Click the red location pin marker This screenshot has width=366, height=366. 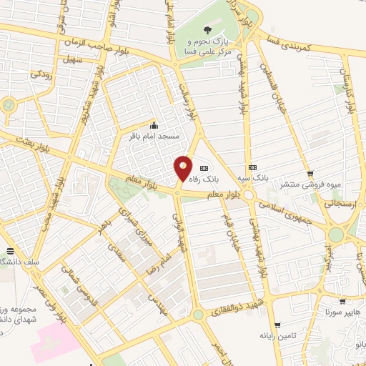pyautogui.click(x=183, y=169)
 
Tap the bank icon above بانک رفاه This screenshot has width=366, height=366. pyautogui.click(x=204, y=167)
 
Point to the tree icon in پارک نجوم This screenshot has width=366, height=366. pyautogui.click(x=207, y=30)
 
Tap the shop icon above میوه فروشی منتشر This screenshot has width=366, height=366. pyautogui.click(x=310, y=174)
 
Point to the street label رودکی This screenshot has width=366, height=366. pyautogui.click(x=39, y=73)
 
